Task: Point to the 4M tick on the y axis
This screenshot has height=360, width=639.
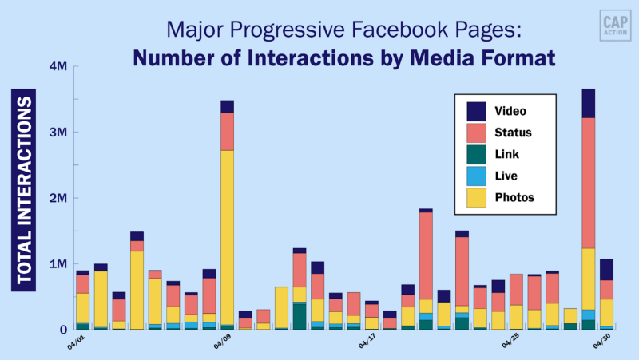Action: click(x=58, y=67)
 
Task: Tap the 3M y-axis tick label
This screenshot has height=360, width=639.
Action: click(x=58, y=133)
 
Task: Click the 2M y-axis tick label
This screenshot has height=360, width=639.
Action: click(x=58, y=198)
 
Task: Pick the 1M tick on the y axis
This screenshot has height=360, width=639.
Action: click(x=58, y=264)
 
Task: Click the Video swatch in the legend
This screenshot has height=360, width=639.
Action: click(x=477, y=111)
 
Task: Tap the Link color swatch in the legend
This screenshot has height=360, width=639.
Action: click(x=477, y=154)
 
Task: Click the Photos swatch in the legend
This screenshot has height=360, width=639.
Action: click(x=477, y=197)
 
